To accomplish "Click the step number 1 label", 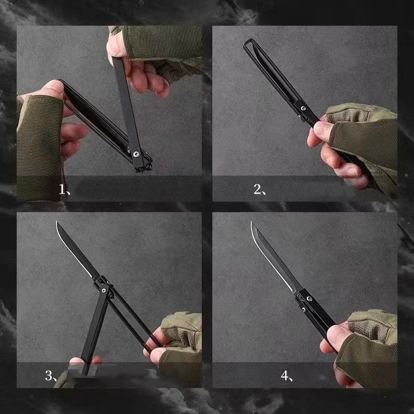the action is (x=64, y=189).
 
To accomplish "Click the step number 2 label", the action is (x=260, y=189).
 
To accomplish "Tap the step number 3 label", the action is (x=51, y=376).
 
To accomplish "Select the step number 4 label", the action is (x=287, y=376).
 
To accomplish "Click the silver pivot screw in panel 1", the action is (x=136, y=154).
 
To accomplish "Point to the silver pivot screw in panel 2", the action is (x=303, y=108).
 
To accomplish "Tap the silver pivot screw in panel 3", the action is (x=104, y=290).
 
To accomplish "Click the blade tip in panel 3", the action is (x=56, y=222).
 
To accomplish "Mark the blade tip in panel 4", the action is (x=251, y=222).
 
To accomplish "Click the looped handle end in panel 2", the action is (x=249, y=43).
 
